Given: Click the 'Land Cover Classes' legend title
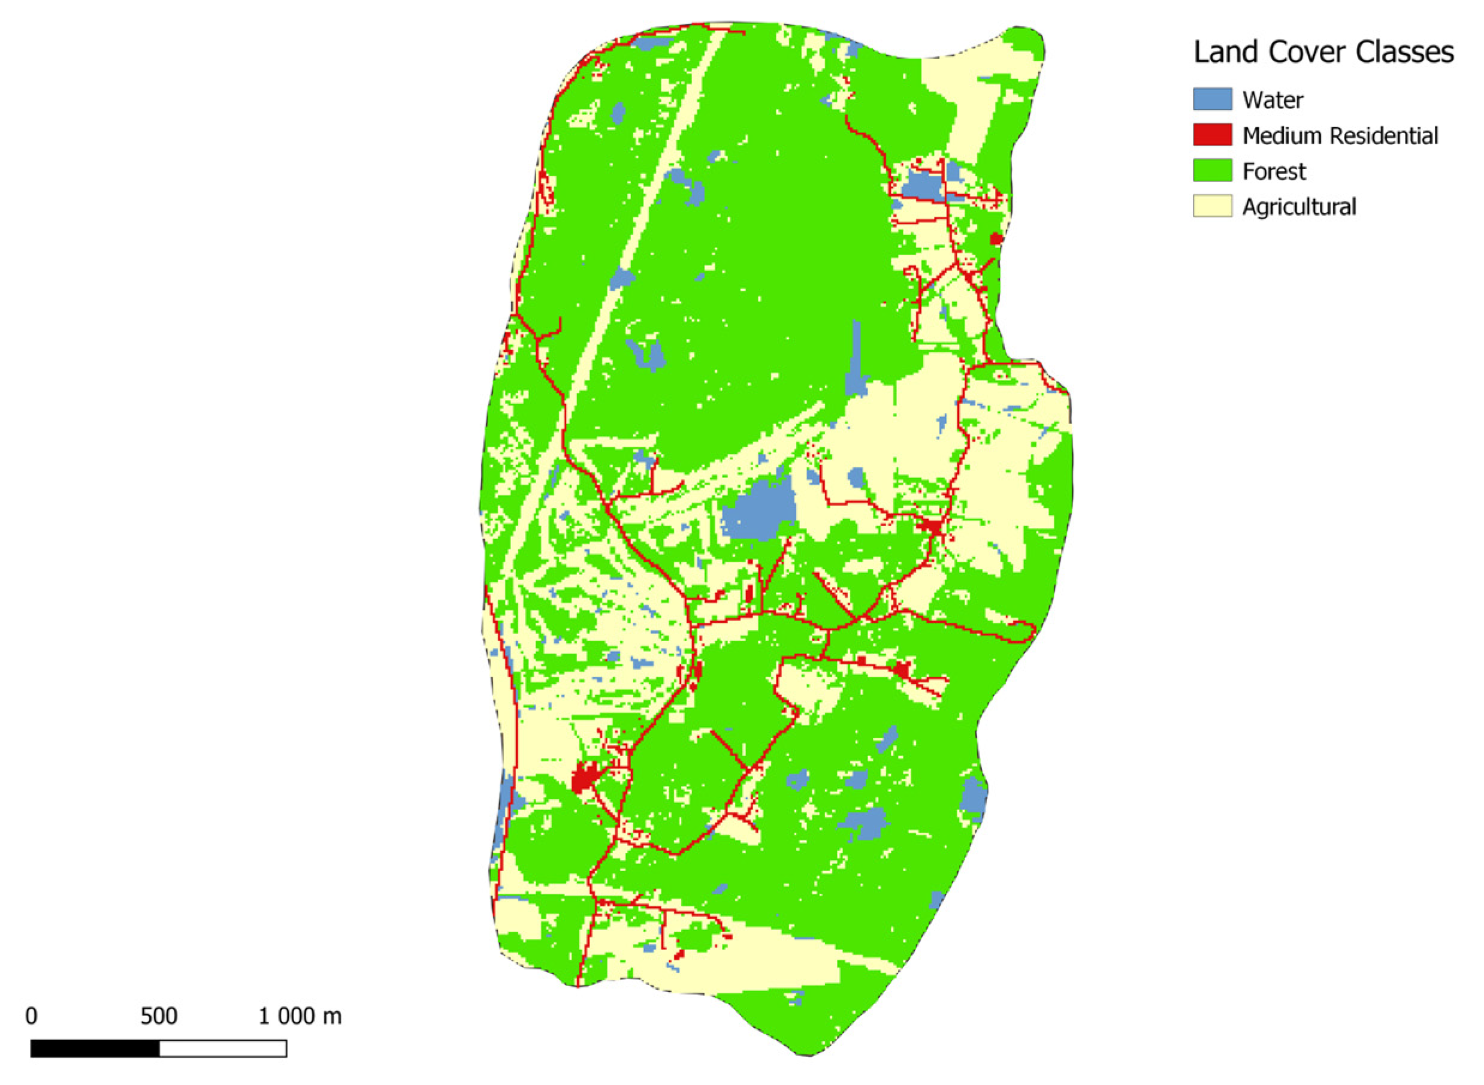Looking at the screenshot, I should tap(1323, 53).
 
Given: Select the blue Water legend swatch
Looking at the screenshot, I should tap(1212, 99).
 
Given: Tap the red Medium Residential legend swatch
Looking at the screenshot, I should tap(1212, 135).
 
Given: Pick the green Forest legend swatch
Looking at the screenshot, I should tap(1212, 171).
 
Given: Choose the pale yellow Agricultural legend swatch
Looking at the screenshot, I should tap(1212, 206).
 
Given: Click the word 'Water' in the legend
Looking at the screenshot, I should tap(1273, 100).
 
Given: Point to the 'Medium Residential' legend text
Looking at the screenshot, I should tap(1340, 135).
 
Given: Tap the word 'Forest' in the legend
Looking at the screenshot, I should tap(1274, 171).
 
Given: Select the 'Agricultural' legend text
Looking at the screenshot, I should tap(1299, 207).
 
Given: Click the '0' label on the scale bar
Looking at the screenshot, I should tap(32, 1017).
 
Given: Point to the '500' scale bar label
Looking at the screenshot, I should tap(159, 1017).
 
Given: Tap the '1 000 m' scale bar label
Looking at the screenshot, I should tap(300, 1017).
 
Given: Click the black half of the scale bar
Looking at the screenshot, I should tap(95, 1049).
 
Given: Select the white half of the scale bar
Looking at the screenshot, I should tap(223, 1049).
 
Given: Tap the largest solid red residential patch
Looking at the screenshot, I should tap(582, 779).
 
